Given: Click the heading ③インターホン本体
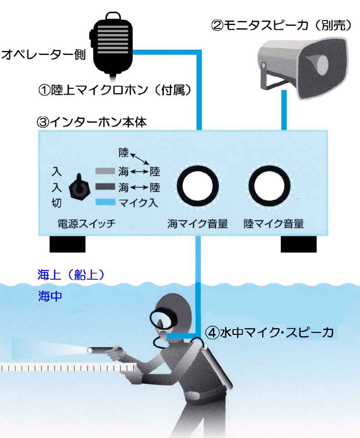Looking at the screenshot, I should click(91, 122).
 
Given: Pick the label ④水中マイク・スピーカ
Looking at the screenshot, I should click(270, 332).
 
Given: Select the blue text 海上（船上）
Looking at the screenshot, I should click(71, 274).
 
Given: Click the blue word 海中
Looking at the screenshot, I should click(50, 296).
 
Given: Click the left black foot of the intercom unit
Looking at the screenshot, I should click(67, 244).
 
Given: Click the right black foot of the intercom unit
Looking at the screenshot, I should click(299, 244).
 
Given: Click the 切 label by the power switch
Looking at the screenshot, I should click(56, 203).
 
